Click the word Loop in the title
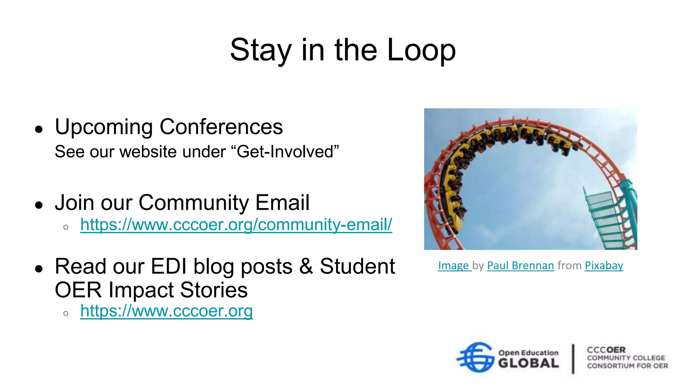421,50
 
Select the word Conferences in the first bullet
221,127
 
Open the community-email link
236,224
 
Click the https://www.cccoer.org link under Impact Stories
166,311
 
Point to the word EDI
168,267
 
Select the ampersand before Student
306,267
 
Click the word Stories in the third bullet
214,290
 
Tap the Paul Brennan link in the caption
520,265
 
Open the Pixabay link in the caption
604,265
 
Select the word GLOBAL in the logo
528,363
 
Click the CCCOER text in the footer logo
606,350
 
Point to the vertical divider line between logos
573,359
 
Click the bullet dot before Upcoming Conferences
39,129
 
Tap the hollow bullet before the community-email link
66,228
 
